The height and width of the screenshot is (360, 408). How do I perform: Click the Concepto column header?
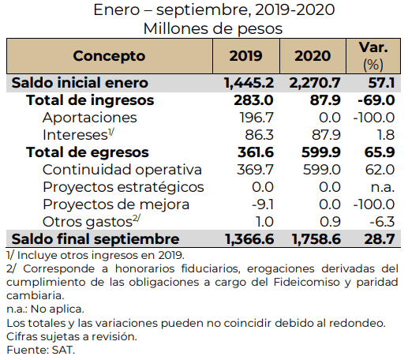point(109,56)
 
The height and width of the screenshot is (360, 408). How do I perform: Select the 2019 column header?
point(245,56)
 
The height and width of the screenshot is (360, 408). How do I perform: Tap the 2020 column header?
point(313,56)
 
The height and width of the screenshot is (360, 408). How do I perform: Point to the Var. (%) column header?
point(373,56)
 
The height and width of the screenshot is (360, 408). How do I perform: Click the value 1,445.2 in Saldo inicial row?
point(249,83)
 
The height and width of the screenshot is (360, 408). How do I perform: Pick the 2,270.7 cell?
point(315,83)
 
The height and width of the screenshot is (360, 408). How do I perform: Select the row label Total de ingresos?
point(90,100)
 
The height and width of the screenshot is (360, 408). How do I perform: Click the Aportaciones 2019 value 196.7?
point(256,118)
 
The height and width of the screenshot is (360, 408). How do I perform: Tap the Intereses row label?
point(78,135)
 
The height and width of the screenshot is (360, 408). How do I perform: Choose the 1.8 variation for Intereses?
point(386,135)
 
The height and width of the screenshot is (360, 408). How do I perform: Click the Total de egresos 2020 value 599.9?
point(321,152)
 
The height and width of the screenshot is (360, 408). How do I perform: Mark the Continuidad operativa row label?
point(122,170)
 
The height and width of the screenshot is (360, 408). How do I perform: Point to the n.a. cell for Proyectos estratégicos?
point(383,188)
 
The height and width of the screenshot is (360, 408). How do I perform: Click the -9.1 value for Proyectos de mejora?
point(263,204)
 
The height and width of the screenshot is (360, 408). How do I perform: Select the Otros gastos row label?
point(92,222)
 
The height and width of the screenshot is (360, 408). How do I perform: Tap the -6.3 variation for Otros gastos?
point(382,222)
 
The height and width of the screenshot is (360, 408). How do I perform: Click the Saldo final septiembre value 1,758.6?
point(316,239)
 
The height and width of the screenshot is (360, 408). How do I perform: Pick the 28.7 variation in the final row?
point(380,239)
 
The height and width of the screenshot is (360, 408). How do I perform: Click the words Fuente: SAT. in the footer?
point(41,350)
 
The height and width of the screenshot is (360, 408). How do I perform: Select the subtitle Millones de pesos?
point(213,28)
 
